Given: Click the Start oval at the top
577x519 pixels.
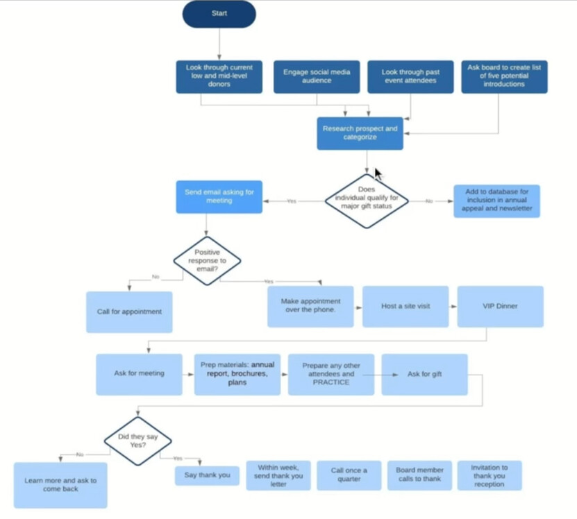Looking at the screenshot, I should [x=219, y=14].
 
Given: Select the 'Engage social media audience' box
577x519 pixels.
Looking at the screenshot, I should [x=317, y=76].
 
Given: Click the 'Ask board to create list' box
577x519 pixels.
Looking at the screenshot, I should [x=504, y=76].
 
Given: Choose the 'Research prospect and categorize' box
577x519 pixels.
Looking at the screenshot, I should [x=360, y=133].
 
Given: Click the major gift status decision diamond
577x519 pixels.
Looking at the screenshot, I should [x=366, y=201].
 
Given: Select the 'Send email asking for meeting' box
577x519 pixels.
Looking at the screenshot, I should [x=219, y=196].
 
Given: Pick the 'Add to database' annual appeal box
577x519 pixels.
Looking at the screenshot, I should [x=496, y=201].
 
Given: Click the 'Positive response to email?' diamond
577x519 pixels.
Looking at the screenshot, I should [x=207, y=261].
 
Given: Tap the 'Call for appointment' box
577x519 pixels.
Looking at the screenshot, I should [x=129, y=312].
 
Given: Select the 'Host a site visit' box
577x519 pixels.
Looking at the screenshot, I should [x=405, y=306].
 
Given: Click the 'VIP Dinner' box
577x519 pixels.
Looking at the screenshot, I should [x=500, y=306].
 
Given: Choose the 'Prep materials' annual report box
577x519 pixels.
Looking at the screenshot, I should [x=237, y=374].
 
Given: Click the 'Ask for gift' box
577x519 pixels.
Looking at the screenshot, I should [x=424, y=374].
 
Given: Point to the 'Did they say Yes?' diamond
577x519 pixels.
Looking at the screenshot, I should [x=137, y=441].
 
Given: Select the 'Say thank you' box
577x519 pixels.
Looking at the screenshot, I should [x=207, y=475].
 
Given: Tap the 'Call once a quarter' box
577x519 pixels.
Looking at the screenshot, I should [x=349, y=475].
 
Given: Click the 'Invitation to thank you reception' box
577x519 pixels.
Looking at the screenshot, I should [x=489, y=475].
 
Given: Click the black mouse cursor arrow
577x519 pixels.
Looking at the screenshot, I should [x=378, y=173].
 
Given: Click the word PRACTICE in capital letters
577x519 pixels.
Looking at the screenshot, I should [x=331, y=382].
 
